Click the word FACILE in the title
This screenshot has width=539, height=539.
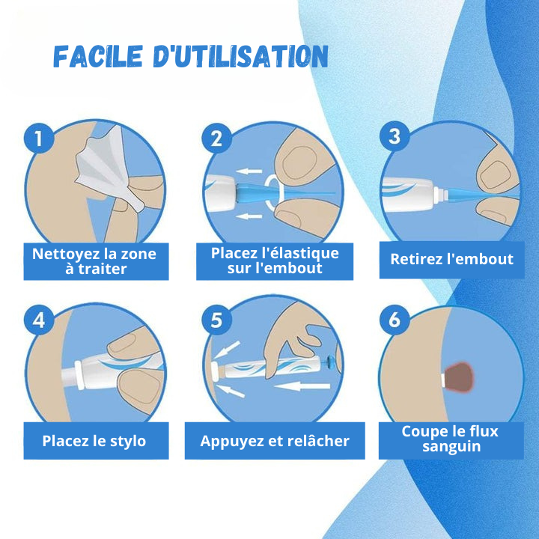click(x=98, y=56)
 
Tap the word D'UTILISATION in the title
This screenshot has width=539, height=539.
click(x=240, y=56)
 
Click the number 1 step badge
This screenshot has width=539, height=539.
click(x=39, y=138)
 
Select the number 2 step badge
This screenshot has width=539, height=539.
click(x=216, y=138)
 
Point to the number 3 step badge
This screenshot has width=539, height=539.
click(x=395, y=136)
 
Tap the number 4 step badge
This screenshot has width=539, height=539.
click(x=39, y=320)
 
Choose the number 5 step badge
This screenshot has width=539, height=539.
click(x=216, y=320)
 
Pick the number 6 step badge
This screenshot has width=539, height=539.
click(x=395, y=320)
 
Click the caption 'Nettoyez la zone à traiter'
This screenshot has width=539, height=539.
click(x=94, y=261)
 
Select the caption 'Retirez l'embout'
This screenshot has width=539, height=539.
click(x=451, y=259)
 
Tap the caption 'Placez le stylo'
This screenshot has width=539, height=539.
click(x=94, y=441)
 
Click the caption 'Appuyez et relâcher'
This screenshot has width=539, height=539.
click(x=275, y=441)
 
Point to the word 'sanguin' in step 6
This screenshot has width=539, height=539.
click(x=451, y=446)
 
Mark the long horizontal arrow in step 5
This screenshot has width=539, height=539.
click(x=302, y=386)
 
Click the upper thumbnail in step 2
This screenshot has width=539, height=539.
click(x=299, y=162)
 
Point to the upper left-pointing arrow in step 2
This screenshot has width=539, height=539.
click(x=249, y=171)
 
